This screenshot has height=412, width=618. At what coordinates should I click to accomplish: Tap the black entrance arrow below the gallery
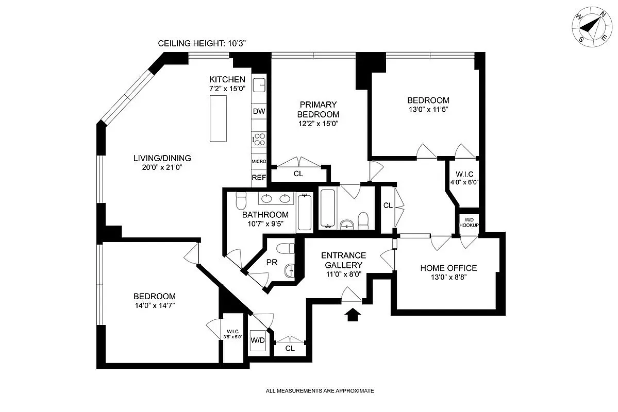click(x=353, y=315)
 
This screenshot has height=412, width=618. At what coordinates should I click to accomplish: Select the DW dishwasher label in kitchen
click(x=259, y=111)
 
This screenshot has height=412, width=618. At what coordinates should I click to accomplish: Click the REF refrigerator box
click(x=259, y=178)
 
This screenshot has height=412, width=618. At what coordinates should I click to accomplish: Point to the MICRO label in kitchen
click(x=259, y=162)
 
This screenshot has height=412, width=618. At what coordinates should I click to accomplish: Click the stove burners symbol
click(x=259, y=139)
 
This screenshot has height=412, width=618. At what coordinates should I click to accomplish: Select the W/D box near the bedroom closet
click(x=258, y=340)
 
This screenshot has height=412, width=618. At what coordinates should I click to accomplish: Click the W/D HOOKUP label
click(x=469, y=222)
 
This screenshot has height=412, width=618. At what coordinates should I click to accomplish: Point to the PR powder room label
click(x=272, y=263)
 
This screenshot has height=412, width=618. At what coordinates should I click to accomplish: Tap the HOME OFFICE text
click(x=448, y=268)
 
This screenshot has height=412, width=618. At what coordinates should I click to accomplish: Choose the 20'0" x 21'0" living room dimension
click(x=162, y=167)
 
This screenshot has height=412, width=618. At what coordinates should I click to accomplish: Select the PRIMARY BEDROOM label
click(x=320, y=109)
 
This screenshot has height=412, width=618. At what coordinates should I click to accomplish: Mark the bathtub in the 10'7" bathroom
click(x=304, y=212)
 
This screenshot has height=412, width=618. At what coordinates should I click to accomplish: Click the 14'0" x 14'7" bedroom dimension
click(x=154, y=306)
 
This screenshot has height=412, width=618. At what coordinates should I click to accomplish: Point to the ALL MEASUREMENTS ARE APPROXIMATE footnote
click(x=320, y=391)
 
